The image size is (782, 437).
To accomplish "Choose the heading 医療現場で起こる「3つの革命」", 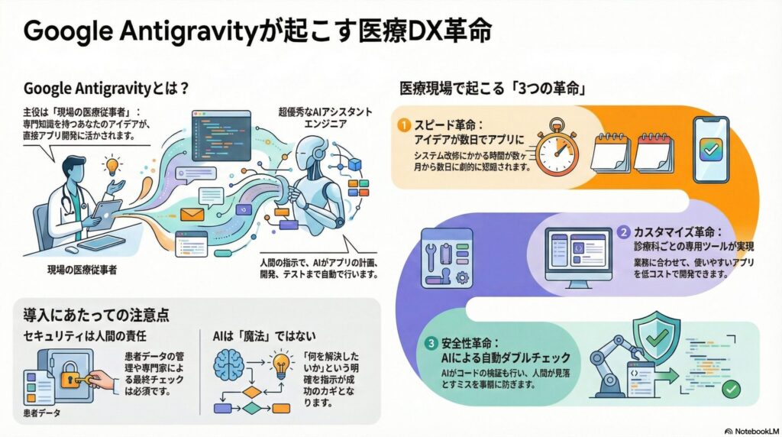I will point(489,88).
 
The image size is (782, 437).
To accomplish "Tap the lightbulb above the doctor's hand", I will point(113,164).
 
